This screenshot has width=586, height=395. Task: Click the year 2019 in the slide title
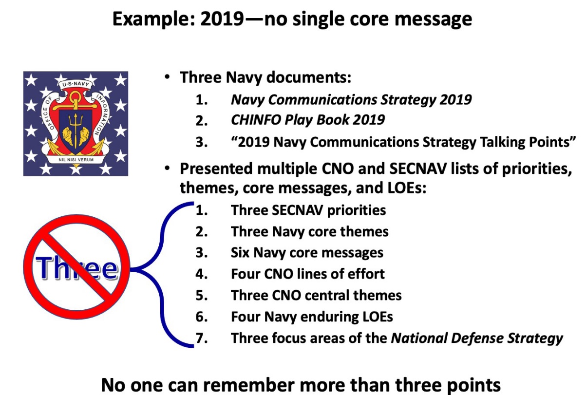tap(222, 19)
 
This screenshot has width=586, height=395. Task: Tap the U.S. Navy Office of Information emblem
tap(76, 124)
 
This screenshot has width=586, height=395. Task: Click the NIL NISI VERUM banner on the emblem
tap(76, 159)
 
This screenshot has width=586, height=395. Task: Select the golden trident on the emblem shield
tap(76, 130)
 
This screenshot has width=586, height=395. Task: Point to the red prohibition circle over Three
tap(76, 267)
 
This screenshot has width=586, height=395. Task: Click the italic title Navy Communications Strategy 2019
tap(351, 100)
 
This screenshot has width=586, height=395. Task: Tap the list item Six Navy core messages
tap(307, 253)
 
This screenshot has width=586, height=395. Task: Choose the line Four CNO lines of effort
tap(308, 274)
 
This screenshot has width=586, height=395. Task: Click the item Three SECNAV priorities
tap(308, 210)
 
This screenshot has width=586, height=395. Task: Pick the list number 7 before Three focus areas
tap(202, 338)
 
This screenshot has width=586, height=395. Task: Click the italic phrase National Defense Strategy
tap(477, 338)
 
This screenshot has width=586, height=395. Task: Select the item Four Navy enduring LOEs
tap(312, 317)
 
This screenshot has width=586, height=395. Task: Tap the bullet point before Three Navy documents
tap(167, 77)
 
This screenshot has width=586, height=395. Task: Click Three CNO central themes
tap(316, 295)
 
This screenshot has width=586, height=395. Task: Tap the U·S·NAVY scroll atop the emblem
tap(76, 84)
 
